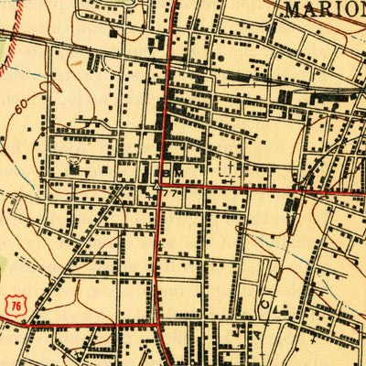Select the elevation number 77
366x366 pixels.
pyautogui.click(x=171, y=192)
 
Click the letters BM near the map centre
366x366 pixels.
pyautogui.click(x=172, y=172)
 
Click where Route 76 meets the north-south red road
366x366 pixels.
pyautogui.click(x=161, y=324)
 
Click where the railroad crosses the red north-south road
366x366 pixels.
pyautogui.click(x=171, y=62)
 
